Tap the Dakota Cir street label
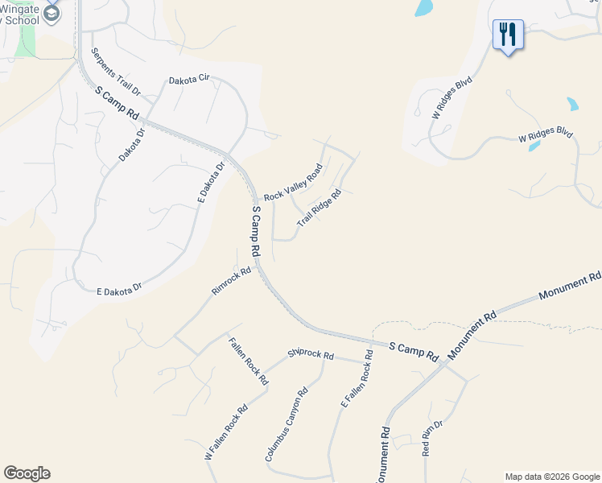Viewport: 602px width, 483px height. [x=188, y=80]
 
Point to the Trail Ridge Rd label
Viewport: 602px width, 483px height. [x=320, y=208]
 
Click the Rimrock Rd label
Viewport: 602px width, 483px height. [x=231, y=281]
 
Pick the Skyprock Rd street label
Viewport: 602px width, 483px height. [x=311, y=354]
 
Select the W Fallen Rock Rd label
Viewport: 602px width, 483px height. [x=225, y=432]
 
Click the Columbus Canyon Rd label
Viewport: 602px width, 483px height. [x=287, y=425]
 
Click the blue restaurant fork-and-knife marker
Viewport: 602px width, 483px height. [x=508, y=34]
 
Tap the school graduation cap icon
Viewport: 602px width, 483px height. [x=52, y=13]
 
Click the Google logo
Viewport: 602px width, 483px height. [x=27, y=473]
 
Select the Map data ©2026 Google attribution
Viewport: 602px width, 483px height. [x=552, y=477]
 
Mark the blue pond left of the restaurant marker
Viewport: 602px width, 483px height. [x=423, y=8]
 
